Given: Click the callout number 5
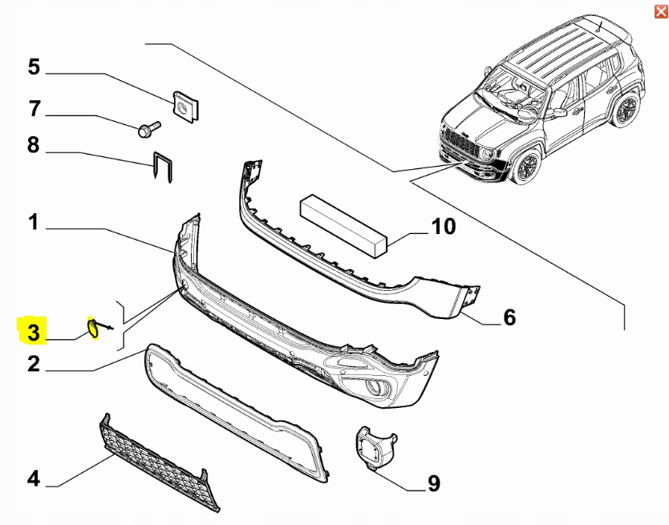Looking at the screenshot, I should [34, 67].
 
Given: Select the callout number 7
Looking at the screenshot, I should [34, 107].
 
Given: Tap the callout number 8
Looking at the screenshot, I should [34, 145].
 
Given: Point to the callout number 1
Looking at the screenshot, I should [34, 221].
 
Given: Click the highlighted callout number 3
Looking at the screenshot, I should [34, 331].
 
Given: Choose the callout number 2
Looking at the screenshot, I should [34, 365].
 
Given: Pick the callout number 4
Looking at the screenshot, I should [34, 479].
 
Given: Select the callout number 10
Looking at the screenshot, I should [443, 227].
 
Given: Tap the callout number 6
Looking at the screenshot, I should [509, 318].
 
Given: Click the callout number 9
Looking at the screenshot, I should [433, 483].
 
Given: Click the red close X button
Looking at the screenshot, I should [660, 10].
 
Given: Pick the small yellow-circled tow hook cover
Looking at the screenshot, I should [94, 329].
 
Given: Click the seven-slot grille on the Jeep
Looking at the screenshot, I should [459, 143].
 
